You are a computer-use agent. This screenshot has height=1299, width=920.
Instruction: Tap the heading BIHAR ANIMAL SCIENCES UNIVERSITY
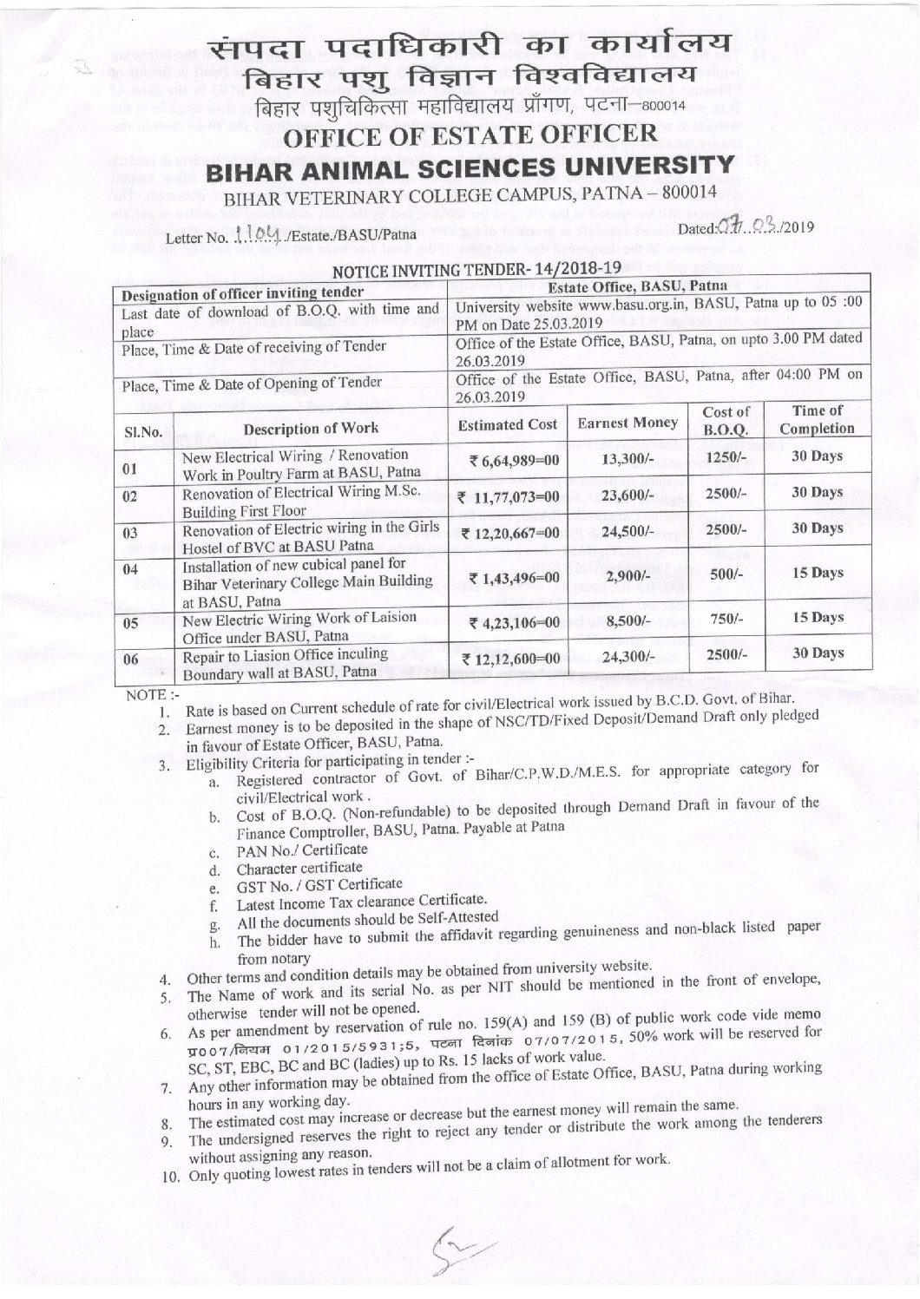pyautogui.click(x=460, y=164)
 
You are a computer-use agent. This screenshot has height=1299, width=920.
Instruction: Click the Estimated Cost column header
pyautogui.click(x=508, y=424)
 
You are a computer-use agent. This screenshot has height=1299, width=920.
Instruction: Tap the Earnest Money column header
pyautogui.click(x=622, y=423)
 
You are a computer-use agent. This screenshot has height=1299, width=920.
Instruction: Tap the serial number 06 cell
pyautogui.click(x=130, y=659)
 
